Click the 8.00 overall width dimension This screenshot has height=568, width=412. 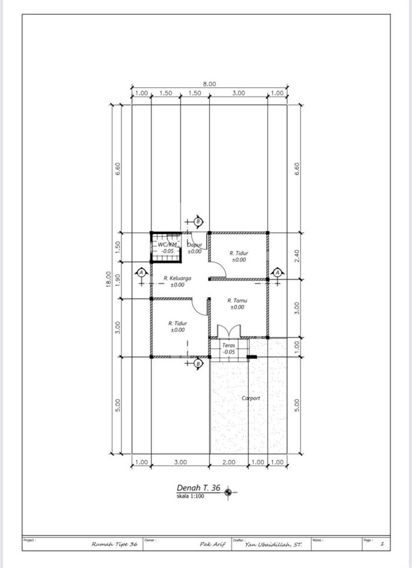[210, 84]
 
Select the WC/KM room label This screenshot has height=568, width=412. [167, 244]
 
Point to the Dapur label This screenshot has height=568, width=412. [195, 244]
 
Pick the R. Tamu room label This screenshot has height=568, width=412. [237, 300]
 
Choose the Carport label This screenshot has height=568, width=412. [251, 398]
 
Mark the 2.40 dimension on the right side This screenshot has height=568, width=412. [297, 255]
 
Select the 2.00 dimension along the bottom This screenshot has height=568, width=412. [229, 463]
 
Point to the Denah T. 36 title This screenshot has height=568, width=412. [198, 488]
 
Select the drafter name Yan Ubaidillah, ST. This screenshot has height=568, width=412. [274, 544]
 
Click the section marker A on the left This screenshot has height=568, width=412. [141, 273]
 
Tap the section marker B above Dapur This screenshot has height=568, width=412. [198, 221]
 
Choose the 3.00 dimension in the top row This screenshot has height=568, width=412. [238, 93]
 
